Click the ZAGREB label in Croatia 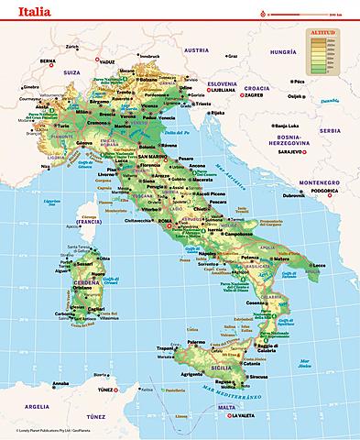pyautogui.click(x=254, y=93)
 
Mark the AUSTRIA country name pyautogui.click(x=196, y=49)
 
